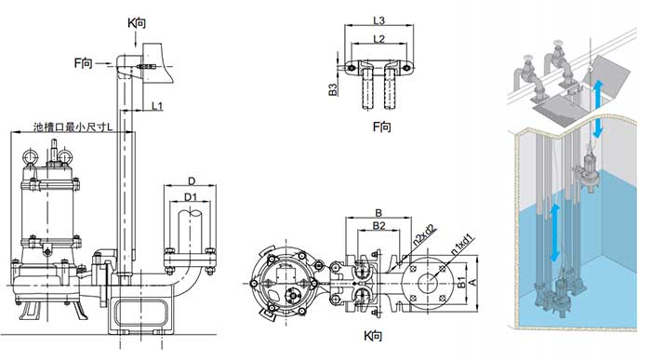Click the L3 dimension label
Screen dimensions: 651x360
[379, 20]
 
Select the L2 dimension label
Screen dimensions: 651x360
[379, 39]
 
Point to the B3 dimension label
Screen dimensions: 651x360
[333, 89]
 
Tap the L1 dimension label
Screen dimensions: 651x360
[157, 106]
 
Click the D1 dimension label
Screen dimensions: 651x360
[191, 197]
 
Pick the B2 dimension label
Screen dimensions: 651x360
[379, 225]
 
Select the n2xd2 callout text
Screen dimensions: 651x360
[424, 235]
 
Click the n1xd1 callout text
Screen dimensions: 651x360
[462, 246]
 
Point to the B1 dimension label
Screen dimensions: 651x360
[461, 283]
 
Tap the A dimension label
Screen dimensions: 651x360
[472, 283]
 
